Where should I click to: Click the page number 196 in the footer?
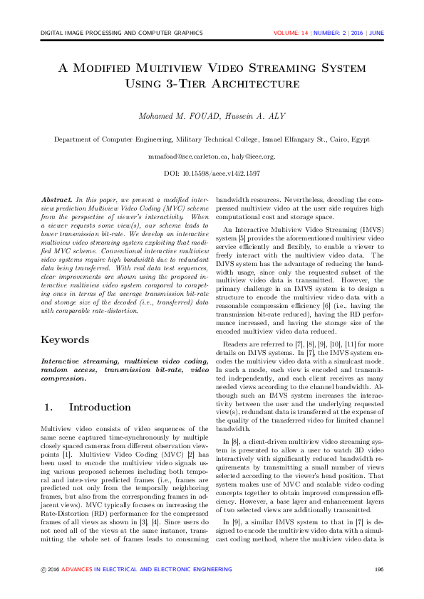click(379, 569)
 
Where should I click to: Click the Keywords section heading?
click(66, 340)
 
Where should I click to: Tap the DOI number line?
click(212, 173)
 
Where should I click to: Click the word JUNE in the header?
click(376, 33)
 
